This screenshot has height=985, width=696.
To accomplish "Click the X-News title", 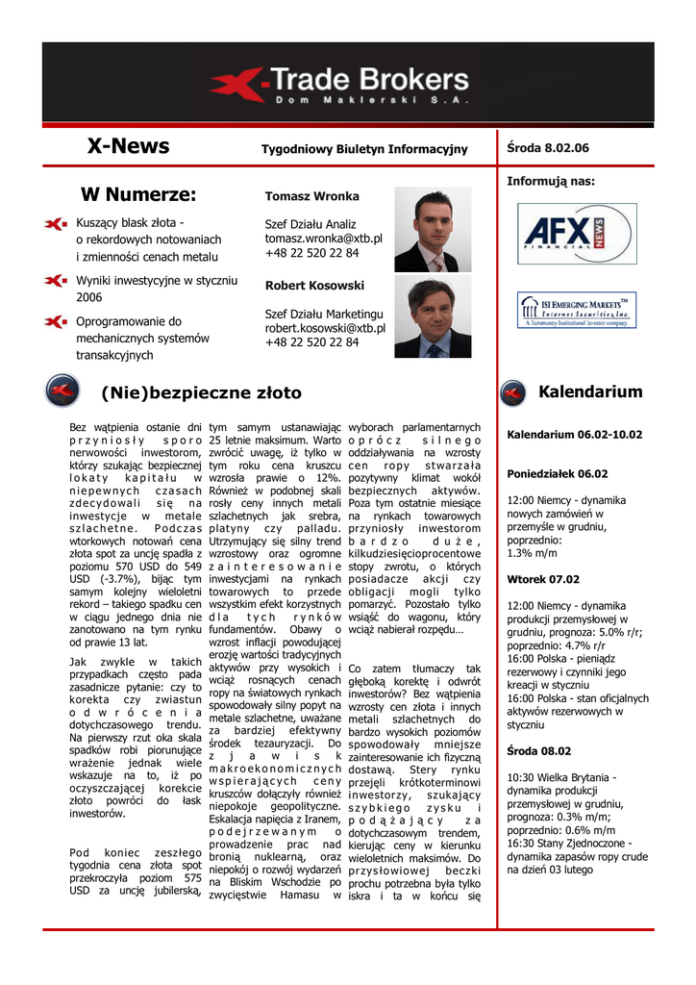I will pos(128,146).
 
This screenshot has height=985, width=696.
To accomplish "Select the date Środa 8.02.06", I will pos(547,147).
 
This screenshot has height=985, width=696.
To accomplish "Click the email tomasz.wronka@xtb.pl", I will pos(323,239).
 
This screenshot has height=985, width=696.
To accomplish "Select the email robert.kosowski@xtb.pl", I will pos(325,328).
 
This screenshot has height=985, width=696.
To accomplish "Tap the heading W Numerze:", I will pos(138,195).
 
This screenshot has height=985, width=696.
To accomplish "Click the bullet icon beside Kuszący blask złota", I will pos(56,224).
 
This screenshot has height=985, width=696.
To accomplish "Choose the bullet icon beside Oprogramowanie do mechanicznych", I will pos(56,321).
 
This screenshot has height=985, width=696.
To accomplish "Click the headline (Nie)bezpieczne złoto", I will pos(201,392).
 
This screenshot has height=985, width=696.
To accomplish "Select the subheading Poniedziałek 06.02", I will pos(558,473).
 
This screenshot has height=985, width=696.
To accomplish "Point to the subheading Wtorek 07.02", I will pos(543,579).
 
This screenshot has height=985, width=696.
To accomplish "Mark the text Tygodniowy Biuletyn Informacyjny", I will pos(364,149).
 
